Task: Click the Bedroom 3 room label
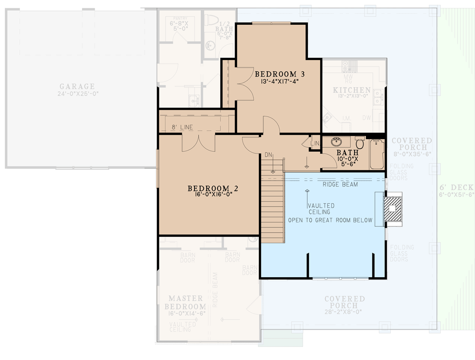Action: point(276,74)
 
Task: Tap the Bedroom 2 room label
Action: point(209,188)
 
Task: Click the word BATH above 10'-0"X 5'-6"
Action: point(347,153)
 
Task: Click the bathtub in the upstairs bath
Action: point(377,154)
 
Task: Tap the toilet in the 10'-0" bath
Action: point(360,144)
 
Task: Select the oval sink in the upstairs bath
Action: point(336,143)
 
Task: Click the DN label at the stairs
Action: point(269,155)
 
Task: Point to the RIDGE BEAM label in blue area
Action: point(340,184)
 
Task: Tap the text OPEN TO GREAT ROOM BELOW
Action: point(330,220)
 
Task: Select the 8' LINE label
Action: point(182,127)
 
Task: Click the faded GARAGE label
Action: point(77,86)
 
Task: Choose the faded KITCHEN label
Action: point(352,90)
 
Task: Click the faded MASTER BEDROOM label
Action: point(187,302)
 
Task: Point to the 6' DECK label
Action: point(457,188)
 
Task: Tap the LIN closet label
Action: point(315,144)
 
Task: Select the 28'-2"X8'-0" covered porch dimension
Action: point(344,312)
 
